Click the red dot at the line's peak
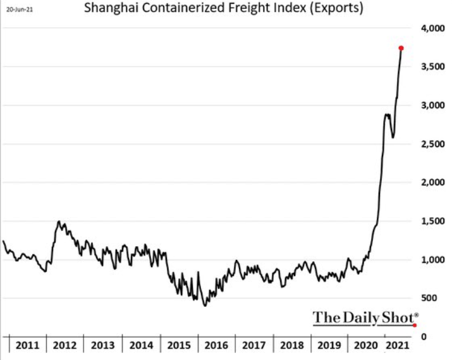tap(401, 48)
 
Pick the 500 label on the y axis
tap(430, 298)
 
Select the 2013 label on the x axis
tap(103, 346)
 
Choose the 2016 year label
tap(217, 346)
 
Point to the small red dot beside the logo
tap(415, 325)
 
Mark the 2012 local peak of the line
tap(59, 222)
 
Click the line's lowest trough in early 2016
tap(204, 306)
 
